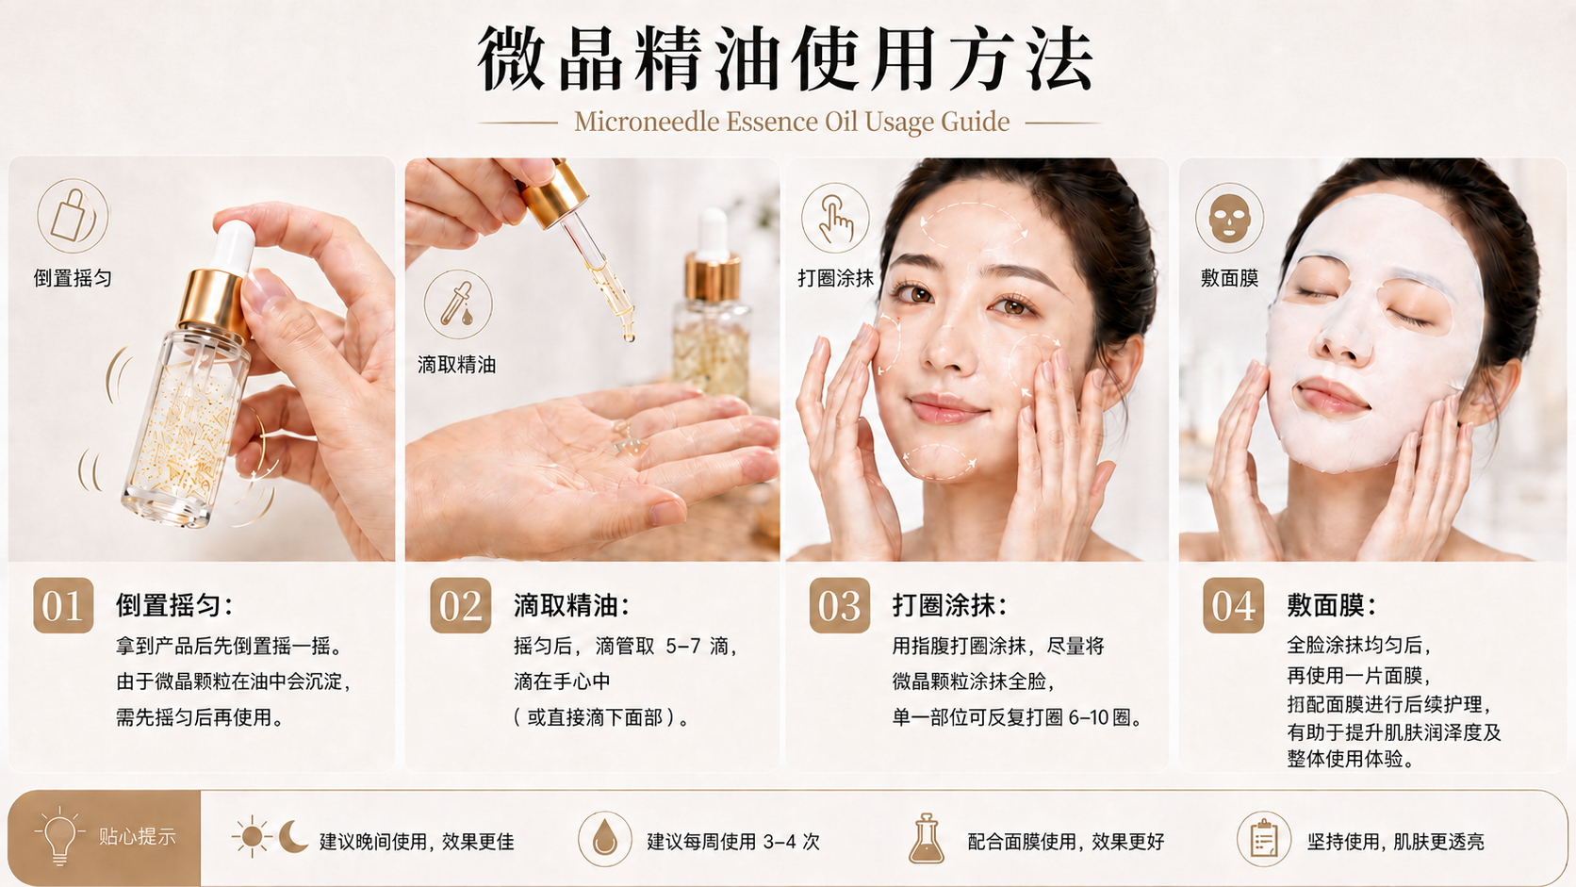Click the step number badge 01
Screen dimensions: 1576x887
point(63,605)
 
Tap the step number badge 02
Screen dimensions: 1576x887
point(461,605)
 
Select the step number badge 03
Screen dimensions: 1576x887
point(839,605)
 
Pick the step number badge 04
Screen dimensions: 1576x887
point(1233,605)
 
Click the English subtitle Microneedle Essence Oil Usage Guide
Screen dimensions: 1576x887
point(792,122)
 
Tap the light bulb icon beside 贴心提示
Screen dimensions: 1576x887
point(59,836)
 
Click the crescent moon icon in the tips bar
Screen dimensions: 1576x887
point(293,836)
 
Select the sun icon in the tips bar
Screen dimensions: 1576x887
point(251,837)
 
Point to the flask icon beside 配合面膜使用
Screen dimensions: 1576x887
point(927,839)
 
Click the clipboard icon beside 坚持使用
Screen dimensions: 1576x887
point(1264,839)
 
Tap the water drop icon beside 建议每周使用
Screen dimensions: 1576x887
point(604,839)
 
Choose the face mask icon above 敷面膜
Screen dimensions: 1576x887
point(1229,218)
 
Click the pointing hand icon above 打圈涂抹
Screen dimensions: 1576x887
point(835,218)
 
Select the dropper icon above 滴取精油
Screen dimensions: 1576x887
point(458,304)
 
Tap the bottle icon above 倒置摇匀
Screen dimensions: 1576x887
point(73,215)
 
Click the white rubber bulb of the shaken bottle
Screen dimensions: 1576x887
point(234,246)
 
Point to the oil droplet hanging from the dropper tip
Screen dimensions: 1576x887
point(629,337)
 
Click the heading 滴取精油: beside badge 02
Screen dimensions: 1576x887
point(571,605)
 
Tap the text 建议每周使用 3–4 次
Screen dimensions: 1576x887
point(733,841)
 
